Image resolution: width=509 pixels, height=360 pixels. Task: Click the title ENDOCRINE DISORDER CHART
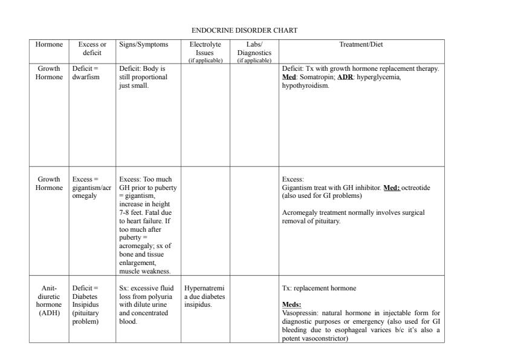[x=244, y=30]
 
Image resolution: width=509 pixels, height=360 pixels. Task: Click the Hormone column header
[x=48, y=44]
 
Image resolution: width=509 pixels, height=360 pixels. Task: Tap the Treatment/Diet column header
[x=361, y=44]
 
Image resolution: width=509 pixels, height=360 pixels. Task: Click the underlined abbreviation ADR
[x=345, y=77]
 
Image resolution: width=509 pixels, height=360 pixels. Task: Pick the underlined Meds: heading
[x=292, y=304]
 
